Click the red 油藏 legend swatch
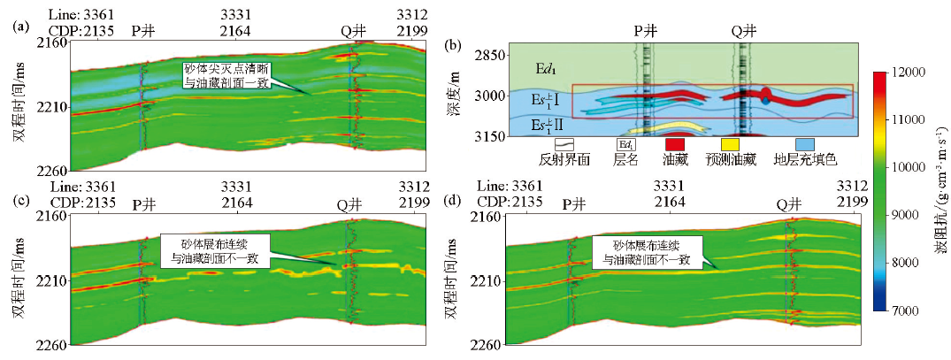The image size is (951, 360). pos(675,144)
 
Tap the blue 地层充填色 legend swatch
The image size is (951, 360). pos(802,144)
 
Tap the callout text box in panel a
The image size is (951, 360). pos(225,75)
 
